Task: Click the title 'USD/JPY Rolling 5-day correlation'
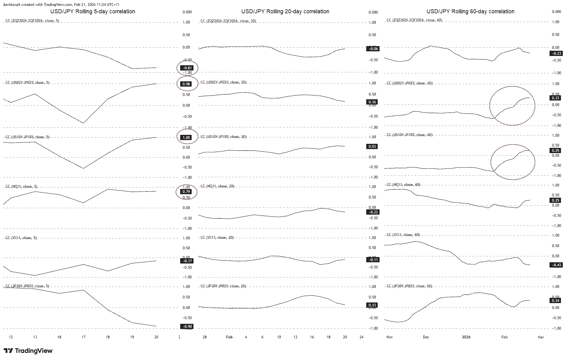[x=93, y=11]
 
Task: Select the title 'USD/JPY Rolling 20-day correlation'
[x=285, y=11]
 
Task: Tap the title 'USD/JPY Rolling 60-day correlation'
[x=470, y=11]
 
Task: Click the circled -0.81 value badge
[x=187, y=68]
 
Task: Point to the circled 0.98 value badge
[x=187, y=84]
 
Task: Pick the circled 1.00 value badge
[x=187, y=138]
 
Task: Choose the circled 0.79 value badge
[x=187, y=192]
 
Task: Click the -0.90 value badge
[x=187, y=326]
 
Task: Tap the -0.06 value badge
[x=372, y=49]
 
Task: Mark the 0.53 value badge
[x=372, y=147]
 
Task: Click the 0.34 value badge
[x=555, y=301]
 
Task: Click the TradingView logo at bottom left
[x=28, y=351]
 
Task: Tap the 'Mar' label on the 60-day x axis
[x=541, y=337]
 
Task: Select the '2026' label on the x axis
[x=466, y=337]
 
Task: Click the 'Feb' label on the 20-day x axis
[x=229, y=337]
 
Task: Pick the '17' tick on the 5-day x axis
[x=83, y=337]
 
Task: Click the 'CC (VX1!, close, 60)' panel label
[x=403, y=235]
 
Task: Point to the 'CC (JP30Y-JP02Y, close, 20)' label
[x=223, y=286]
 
